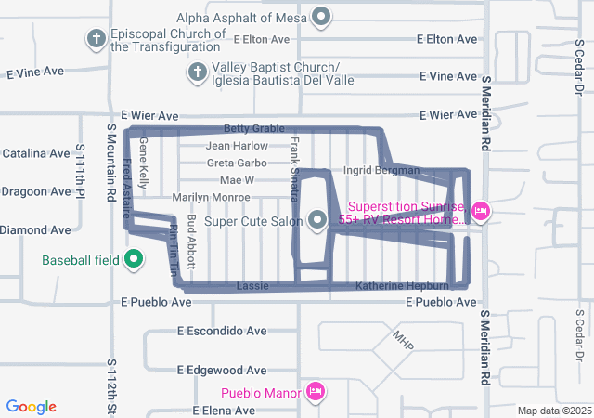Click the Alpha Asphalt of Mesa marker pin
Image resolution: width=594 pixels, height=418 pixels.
tap(322, 16)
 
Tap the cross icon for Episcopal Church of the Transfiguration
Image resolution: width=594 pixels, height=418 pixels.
tap(95, 39)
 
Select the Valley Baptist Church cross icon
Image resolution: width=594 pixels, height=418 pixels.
tap(197, 72)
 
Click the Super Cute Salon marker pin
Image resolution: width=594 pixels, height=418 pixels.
tap(317, 220)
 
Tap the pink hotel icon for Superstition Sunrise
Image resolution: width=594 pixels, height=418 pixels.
tap(481, 212)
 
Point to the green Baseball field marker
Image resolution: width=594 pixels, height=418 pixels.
tap(133, 259)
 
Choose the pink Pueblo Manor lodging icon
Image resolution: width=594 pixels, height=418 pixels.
tap(315, 392)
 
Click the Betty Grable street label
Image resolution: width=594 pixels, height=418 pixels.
tap(253, 128)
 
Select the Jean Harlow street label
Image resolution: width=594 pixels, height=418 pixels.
tap(237, 146)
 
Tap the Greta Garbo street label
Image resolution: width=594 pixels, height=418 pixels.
tap(237, 163)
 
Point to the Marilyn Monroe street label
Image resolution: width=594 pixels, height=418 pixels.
tap(211, 197)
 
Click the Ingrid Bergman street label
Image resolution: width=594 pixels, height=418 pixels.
tap(381, 171)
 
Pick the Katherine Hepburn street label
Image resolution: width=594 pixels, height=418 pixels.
tap(402, 285)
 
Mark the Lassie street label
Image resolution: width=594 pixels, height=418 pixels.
tap(252, 285)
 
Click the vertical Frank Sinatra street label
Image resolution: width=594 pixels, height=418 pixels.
tap(295, 168)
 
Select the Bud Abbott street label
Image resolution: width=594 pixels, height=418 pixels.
tap(191, 242)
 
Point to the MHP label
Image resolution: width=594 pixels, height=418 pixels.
tap(402, 340)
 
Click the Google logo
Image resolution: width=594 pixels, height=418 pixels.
tap(32, 407)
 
